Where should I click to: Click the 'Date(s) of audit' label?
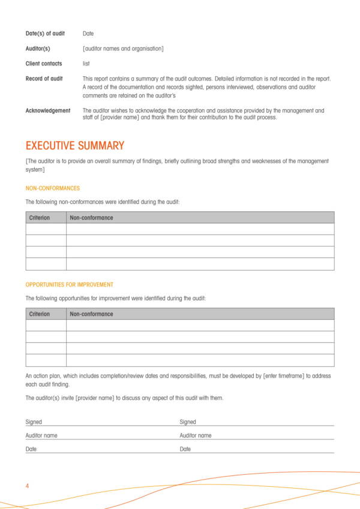pos(45,34)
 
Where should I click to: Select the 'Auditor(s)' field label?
pos(38,49)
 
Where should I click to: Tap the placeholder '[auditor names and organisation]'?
pos(123,49)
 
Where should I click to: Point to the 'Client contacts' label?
pos(44,64)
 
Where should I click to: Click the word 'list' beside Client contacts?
pos(86,64)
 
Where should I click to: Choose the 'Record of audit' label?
pos(44,79)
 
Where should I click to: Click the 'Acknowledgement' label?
pos(47,110)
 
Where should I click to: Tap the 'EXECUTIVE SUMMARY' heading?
pos(75,146)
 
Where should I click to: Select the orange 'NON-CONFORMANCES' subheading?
pos(52,188)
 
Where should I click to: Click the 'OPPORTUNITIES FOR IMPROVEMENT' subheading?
pos(69,285)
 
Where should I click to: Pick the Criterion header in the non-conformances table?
pos(40,218)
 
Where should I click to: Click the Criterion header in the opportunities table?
pos(40,314)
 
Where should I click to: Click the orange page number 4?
pos(28,486)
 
